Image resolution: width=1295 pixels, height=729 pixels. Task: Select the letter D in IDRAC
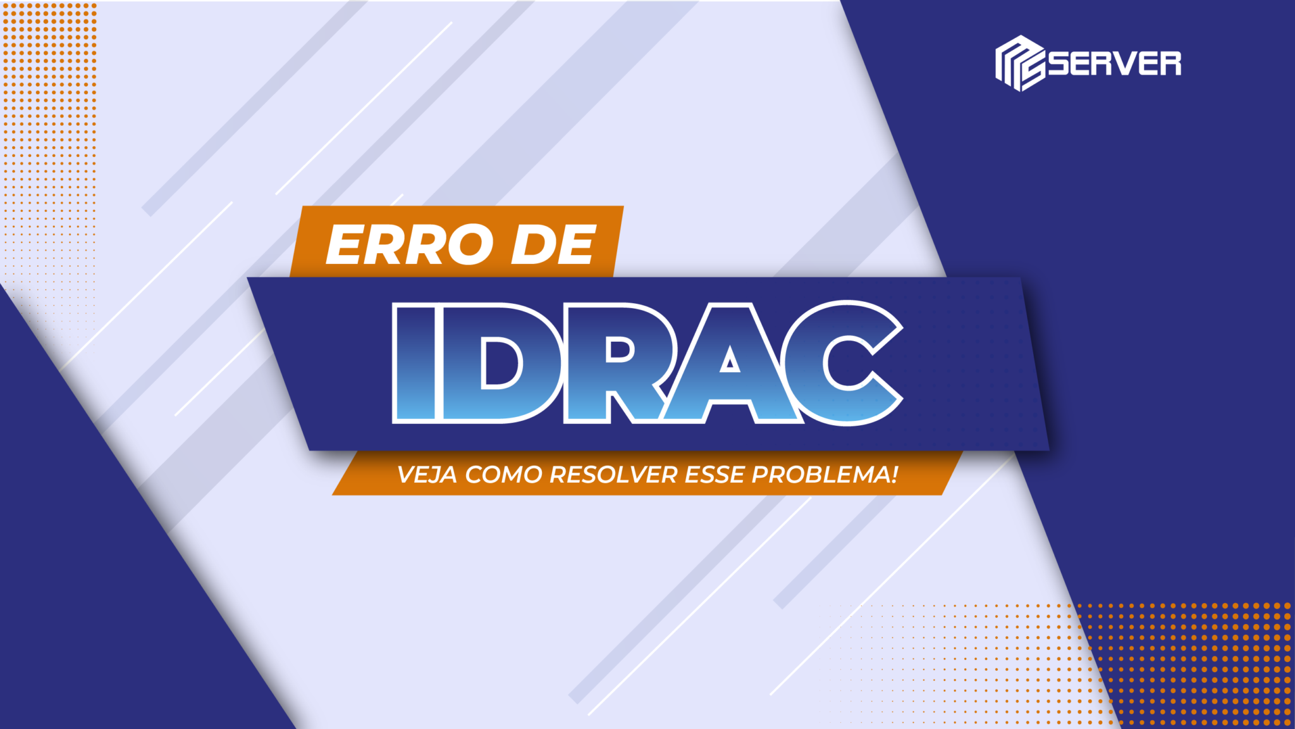(x=500, y=363)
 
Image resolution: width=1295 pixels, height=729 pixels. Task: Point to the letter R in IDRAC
(x=617, y=363)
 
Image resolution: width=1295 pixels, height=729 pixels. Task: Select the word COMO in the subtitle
(x=504, y=475)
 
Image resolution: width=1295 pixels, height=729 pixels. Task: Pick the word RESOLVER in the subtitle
(x=613, y=475)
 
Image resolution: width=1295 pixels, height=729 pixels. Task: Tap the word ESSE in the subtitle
(x=715, y=475)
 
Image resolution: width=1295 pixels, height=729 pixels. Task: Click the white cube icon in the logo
(x=1019, y=63)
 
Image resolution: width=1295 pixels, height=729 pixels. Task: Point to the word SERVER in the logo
(x=1115, y=63)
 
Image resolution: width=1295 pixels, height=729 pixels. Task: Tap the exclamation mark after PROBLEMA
(x=894, y=474)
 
